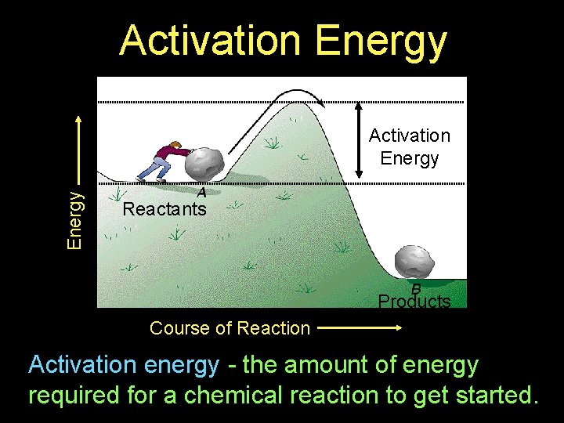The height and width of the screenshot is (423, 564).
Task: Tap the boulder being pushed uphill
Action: point(203,163)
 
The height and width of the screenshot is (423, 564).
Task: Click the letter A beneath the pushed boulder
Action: point(201,192)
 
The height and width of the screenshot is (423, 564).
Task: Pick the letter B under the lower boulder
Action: point(417,287)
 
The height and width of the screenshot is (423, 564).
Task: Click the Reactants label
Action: point(164,209)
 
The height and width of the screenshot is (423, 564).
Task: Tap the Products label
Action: point(414,302)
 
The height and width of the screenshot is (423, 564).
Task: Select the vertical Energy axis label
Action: point(74,220)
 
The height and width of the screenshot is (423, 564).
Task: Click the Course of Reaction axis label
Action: point(230,328)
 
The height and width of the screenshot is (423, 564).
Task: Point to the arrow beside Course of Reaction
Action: point(360,328)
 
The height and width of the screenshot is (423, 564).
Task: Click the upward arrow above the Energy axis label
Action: point(77,149)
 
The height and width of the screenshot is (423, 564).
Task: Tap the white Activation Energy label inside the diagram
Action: point(410,146)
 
